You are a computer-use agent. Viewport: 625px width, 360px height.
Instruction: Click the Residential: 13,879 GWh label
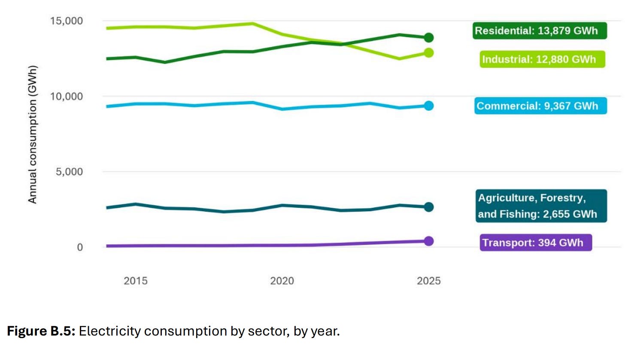click(540, 30)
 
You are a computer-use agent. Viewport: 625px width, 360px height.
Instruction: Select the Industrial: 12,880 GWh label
click(543, 59)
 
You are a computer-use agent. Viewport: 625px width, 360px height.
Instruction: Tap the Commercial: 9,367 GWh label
click(540, 106)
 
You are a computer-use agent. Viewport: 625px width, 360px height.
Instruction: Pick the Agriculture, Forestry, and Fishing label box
click(541, 206)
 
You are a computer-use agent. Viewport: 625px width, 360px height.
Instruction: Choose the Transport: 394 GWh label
click(536, 242)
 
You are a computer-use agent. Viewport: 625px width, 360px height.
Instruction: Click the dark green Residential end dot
click(429, 37)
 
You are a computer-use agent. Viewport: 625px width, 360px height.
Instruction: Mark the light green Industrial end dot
click(429, 53)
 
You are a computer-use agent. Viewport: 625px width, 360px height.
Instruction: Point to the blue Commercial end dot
click(429, 106)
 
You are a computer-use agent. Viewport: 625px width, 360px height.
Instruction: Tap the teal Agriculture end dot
click(429, 207)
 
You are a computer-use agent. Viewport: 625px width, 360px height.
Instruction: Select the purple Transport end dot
click(429, 241)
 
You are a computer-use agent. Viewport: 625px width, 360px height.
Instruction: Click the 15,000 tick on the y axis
click(67, 21)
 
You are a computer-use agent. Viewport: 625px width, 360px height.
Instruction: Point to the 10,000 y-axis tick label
click(67, 97)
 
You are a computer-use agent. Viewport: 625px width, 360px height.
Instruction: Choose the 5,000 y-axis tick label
click(69, 172)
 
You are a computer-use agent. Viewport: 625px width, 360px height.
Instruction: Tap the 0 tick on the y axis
click(80, 247)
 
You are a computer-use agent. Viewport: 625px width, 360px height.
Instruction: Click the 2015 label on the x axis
click(136, 281)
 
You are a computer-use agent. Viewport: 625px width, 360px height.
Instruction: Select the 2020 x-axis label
click(282, 281)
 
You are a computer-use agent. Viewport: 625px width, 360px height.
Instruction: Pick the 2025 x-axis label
click(429, 281)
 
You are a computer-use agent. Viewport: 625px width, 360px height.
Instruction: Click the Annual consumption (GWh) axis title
click(33, 134)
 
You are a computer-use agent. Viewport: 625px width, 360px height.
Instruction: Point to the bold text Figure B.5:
click(41, 331)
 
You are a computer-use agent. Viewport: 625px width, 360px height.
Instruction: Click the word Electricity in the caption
click(109, 331)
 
